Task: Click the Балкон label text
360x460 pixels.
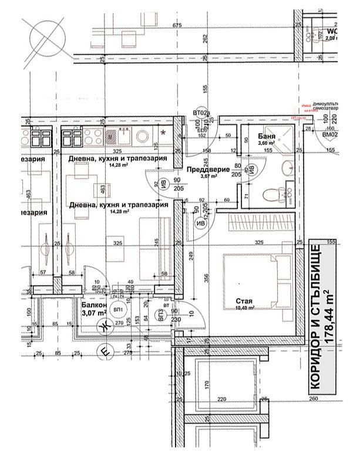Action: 93,306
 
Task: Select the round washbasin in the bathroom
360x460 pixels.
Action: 288,169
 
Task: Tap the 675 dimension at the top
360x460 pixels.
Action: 175,26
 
